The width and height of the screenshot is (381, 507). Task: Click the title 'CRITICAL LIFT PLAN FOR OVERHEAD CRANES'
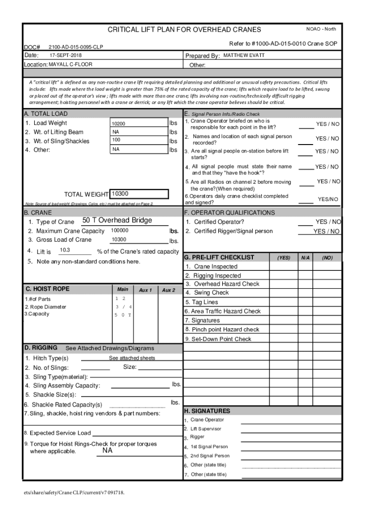click(184, 30)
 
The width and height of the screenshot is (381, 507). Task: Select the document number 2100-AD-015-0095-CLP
click(76, 47)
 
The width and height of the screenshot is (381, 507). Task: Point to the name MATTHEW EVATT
click(244, 55)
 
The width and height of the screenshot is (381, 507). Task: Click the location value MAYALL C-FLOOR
click(70, 64)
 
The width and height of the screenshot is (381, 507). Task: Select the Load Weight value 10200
click(119, 124)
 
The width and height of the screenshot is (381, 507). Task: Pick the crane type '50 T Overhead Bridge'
click(117, 220)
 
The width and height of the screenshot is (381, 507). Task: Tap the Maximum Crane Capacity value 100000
click(120, 231)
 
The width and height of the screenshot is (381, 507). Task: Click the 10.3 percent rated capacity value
click(65, 250)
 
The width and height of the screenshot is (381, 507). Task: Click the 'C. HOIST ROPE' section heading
click(48, 289)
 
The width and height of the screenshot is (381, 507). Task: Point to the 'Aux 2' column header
click(169, 290)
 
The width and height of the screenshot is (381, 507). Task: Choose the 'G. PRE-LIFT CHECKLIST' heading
click(219, 257)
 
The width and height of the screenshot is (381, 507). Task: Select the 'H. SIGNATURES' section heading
click(207, 411)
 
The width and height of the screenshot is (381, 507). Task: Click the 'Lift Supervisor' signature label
click(206, 429)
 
